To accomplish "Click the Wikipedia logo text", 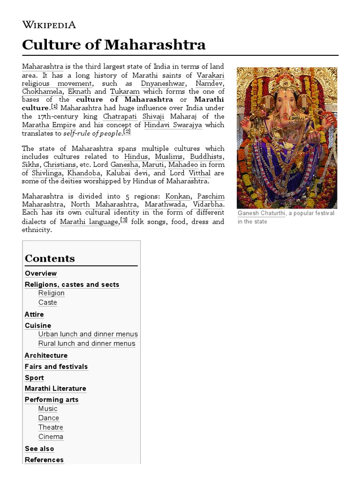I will pyautogui.click(x=49, y=25).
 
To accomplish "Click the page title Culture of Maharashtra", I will pyautogui.click(x=114, y=45).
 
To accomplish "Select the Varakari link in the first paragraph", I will pyautogui.click(x=210, y=75).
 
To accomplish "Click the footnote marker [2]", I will pyautogui.click(x=127, y=132).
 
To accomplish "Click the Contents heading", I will pyautogui.click(x=50, y=259).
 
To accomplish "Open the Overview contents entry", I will pyautogui.click(x=41, y=274).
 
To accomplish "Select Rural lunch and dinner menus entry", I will pyautogui.click(x=87, y=344).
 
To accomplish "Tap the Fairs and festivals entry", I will pyautogui.click(x=56, y=367).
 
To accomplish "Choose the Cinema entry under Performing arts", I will pyautogui.click(x=51, y=437).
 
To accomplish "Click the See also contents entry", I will pyautogui.click(x=39, y=449).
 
